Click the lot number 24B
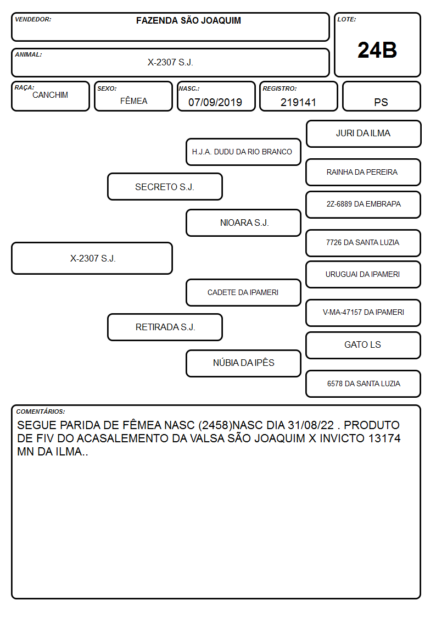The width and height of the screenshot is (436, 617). [x=377, y=51]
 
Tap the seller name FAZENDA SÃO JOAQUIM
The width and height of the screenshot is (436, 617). [x=188, y=20]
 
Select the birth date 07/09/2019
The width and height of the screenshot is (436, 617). [x=215, y=102]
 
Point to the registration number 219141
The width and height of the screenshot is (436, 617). [x=298, y=102]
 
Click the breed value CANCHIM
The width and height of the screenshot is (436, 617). [x=50, y=95]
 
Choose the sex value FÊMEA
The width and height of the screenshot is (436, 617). [x=133, y=101]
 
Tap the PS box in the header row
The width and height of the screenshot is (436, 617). [x=381, y=96]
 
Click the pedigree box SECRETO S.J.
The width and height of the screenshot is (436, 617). [x=165, y=186]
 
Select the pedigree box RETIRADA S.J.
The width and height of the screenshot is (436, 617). [x=165, y=327]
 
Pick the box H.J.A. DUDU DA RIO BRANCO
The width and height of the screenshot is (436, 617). [x=243, y=152]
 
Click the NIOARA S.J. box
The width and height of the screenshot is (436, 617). [x=243, y=223]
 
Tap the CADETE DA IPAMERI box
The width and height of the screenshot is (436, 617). [x=243, y=292]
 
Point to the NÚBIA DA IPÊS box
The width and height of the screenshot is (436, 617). [x=243, y=363]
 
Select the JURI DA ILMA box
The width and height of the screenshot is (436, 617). [x=364, y=134]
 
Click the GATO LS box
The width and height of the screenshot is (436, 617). [x=364, y=345]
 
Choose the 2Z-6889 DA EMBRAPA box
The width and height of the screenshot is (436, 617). [x=364, y=204]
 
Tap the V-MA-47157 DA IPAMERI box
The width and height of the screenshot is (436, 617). [x=364, y=313]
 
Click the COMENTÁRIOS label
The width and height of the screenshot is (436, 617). [x=41, y=412]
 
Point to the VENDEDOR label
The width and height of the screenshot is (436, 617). [x=33, y=19]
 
